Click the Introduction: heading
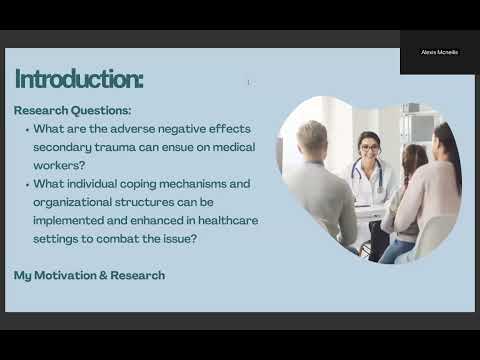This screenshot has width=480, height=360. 79,79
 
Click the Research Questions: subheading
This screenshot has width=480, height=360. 72,111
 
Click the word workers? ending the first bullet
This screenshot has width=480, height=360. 64,165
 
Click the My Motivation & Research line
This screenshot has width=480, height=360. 89,275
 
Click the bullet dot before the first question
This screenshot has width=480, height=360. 26,130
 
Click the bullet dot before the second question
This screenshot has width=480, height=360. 26,184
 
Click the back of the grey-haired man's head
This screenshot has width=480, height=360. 311,139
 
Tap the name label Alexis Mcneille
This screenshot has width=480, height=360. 439,52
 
